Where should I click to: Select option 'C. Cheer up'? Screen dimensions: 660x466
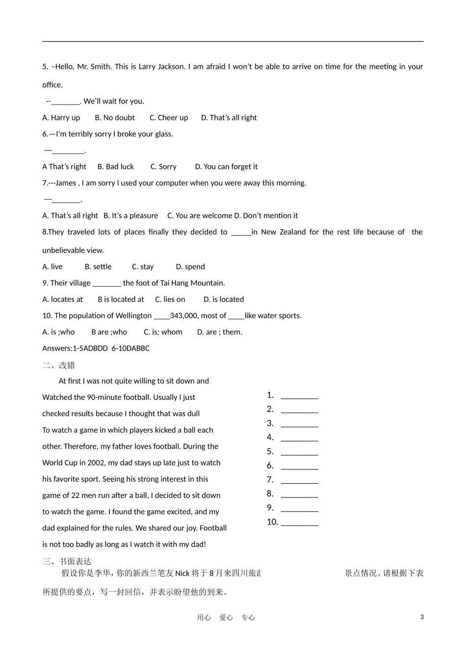pos(169,118)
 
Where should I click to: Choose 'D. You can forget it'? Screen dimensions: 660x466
pos(226,167)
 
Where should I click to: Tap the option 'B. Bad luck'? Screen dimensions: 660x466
pos(116,167)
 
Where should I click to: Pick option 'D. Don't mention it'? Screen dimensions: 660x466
pos(266,216)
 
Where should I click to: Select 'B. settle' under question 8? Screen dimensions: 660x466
pos(98,267)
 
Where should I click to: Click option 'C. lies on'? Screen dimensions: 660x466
pos(170,300)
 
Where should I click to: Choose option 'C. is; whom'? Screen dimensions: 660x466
pos(163,332)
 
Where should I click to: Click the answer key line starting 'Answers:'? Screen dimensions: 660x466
pos(96,349)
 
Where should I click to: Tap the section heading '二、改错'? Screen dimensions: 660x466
pos(59,365)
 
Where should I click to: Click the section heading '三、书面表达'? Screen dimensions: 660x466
pos(67,561)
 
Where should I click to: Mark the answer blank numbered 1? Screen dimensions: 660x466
pos(299,396)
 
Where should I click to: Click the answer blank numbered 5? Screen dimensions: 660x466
pos(299,452)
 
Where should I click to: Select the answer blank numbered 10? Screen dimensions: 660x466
pos(299,522)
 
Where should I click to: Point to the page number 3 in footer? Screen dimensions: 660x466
pos(422,617)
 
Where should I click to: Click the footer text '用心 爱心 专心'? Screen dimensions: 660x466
pos(226,618)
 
